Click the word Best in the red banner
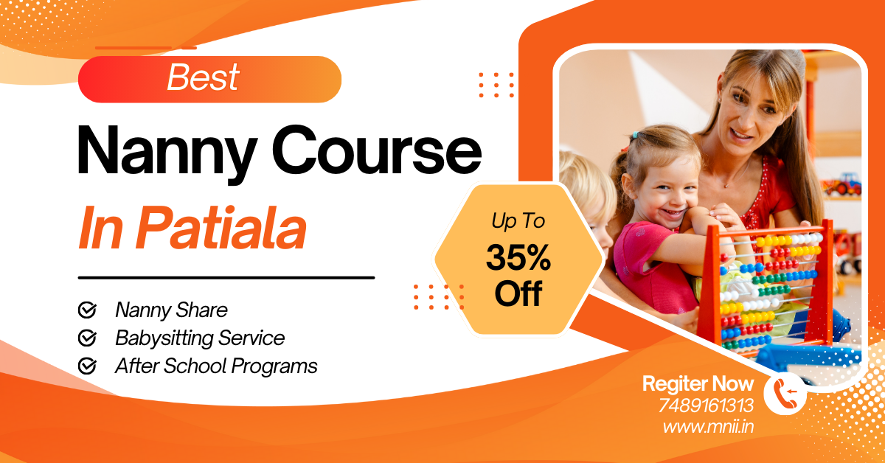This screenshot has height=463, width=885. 203,77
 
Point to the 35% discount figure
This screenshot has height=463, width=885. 518,257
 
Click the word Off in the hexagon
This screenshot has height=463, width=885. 518,293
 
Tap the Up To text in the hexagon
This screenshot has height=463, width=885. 518,221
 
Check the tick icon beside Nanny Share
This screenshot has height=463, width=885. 87,310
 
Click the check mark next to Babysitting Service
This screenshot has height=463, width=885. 87,338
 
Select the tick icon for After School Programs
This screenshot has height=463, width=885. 87,366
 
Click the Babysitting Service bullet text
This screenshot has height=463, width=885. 200,338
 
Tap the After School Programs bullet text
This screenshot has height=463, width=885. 216,366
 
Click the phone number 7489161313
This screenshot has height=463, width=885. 706,405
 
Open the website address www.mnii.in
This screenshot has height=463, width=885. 708,427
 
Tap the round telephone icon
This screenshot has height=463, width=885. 785,394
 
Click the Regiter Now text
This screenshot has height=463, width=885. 698,383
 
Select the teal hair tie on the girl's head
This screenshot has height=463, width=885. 635,136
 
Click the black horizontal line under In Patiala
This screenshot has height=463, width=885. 226,278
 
